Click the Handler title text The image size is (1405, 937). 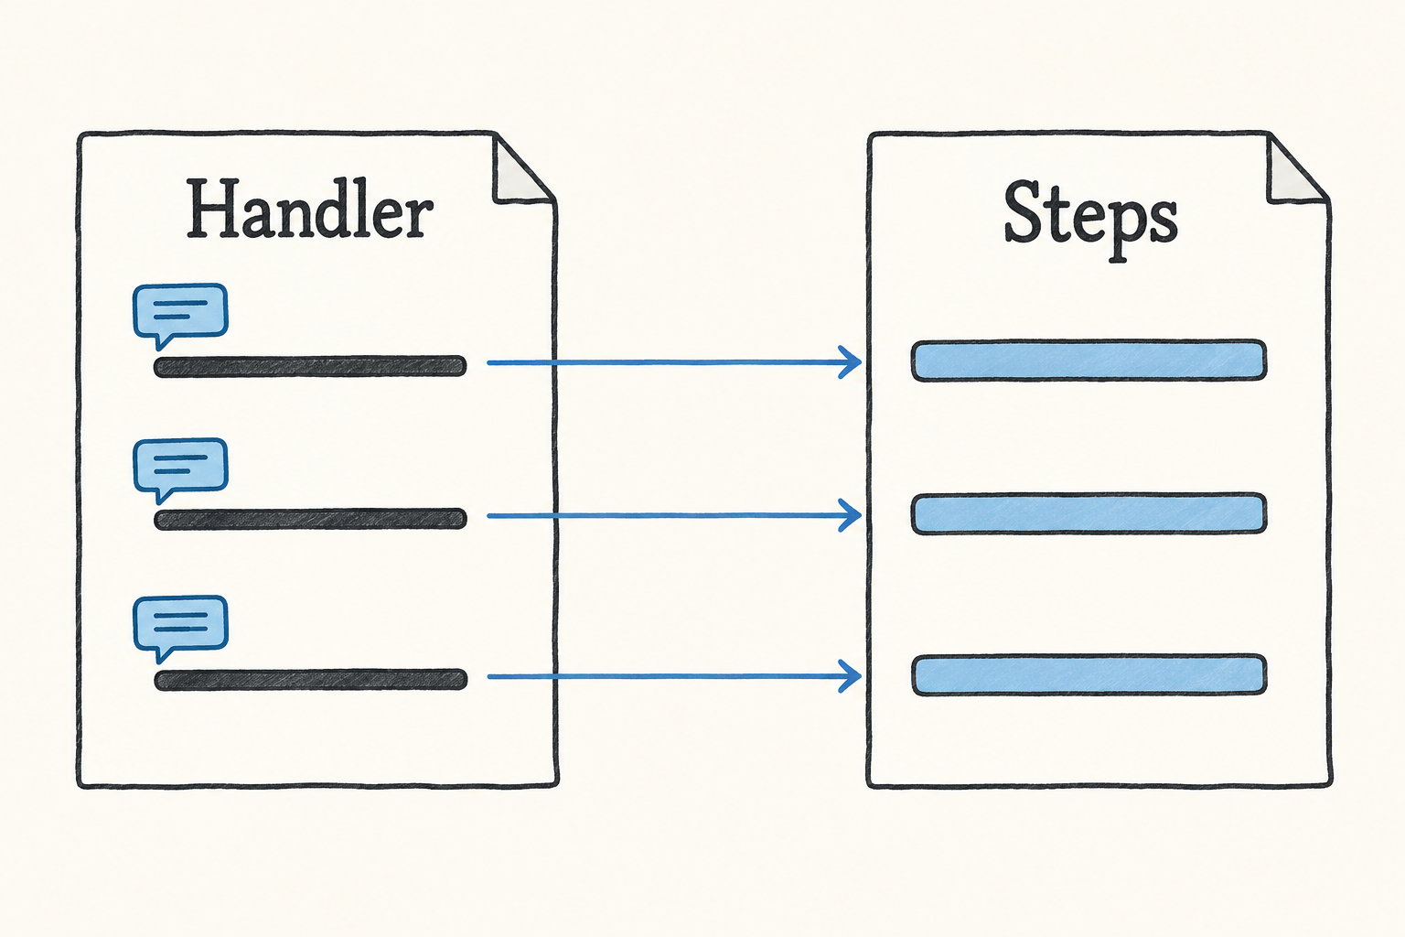310,209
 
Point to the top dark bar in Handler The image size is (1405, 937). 310,366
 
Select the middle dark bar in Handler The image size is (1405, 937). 310,519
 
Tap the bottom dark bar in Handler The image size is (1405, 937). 310,680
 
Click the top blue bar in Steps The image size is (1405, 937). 1089,361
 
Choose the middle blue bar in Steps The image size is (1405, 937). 1089,513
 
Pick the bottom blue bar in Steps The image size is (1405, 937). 1089,674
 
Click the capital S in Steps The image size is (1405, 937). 1024,212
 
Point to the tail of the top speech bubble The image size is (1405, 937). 163,341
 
